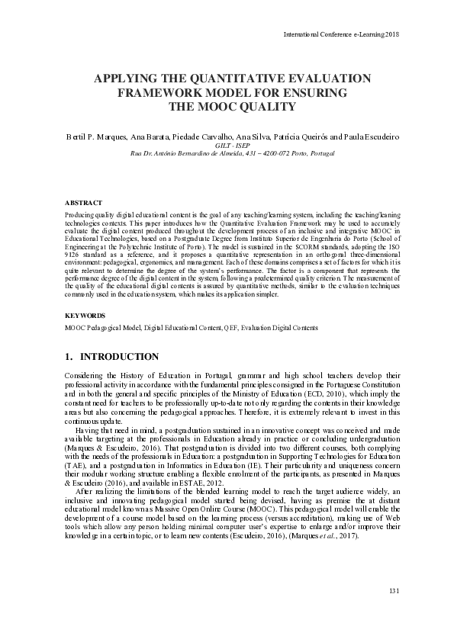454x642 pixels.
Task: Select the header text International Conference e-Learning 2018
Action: point(341,34)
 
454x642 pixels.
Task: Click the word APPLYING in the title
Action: point(125,79)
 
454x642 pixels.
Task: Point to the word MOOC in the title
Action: point(216,108)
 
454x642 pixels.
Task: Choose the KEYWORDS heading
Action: point(85,314)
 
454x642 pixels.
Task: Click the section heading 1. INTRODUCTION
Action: point(112,357)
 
